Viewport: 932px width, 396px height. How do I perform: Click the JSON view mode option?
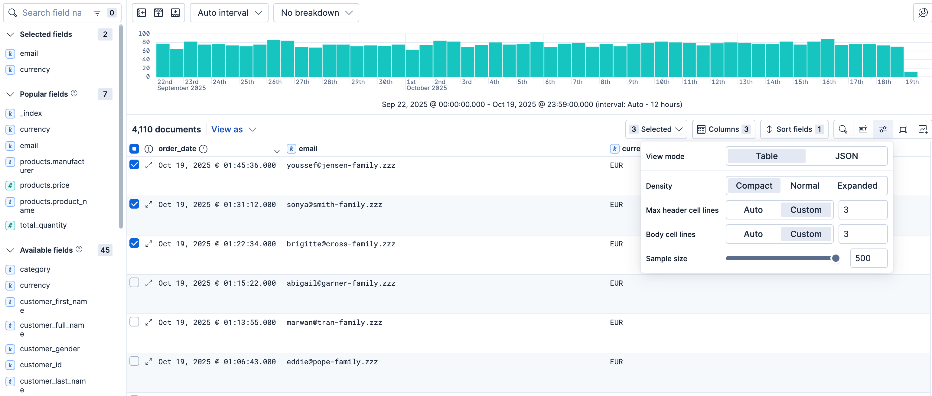click(x=846, y=156)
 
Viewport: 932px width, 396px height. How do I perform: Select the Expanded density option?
click(x=857, y=186)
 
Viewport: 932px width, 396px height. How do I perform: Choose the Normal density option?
click(x=805, y=186)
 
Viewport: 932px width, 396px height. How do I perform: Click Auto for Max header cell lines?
click(x=753, y=210)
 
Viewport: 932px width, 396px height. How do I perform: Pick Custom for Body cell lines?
click(x=806, y=234)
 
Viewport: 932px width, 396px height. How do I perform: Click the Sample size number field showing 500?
click(x=868, y=258)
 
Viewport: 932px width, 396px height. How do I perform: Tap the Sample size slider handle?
click(x=836, y=258)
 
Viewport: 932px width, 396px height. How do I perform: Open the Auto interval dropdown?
click(x=229, y=13)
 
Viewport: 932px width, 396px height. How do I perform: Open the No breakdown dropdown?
click(x=316, y=13)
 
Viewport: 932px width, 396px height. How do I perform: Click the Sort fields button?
click(x=794, y=129)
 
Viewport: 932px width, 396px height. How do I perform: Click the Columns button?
click(x=724, y=129)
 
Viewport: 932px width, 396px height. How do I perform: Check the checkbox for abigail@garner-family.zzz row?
click(x=134, y=282)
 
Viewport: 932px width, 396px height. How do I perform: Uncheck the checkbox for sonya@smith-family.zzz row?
click(x=134, y=204)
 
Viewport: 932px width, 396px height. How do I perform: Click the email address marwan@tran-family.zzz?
click(x=334, y=323)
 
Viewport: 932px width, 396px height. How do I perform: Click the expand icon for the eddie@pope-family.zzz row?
click(x=149, y=362)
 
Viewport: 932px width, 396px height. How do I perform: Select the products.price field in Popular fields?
click(x=44, y=185)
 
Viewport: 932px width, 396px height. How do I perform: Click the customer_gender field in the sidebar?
click(x=50, y=349)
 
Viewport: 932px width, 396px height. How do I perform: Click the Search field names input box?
click(x=52, y=13)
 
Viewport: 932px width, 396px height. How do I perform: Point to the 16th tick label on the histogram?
click(x=829, y=82)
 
